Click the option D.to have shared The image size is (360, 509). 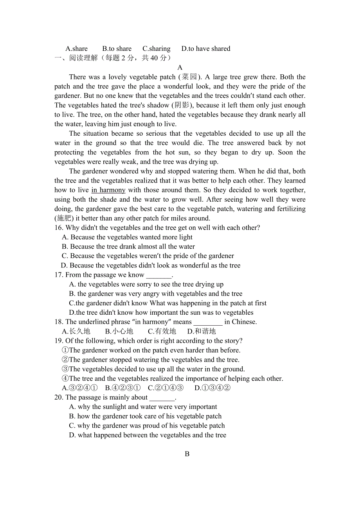[x=206, y=49]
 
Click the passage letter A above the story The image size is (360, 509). [x=180, y=68]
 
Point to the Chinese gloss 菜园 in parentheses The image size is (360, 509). [x=189, y=77]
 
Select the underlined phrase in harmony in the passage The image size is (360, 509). [x=108, y=190]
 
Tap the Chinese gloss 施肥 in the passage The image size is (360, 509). [x=64, y=219]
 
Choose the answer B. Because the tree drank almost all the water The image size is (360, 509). [x=128, y=247]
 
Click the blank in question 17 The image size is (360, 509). [x=158, y=275]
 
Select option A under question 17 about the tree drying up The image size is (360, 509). [x=146, y=285]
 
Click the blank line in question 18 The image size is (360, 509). [x=208, y=322]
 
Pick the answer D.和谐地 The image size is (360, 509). [x=202, y=332]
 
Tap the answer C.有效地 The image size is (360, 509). [x=162, y=332]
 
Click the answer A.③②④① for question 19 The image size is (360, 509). [x=80, y=388]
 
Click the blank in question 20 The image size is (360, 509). [x=162, y=398]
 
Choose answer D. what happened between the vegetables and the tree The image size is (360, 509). [x=148, y=435]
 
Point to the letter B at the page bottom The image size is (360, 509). [x=187, y=454]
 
